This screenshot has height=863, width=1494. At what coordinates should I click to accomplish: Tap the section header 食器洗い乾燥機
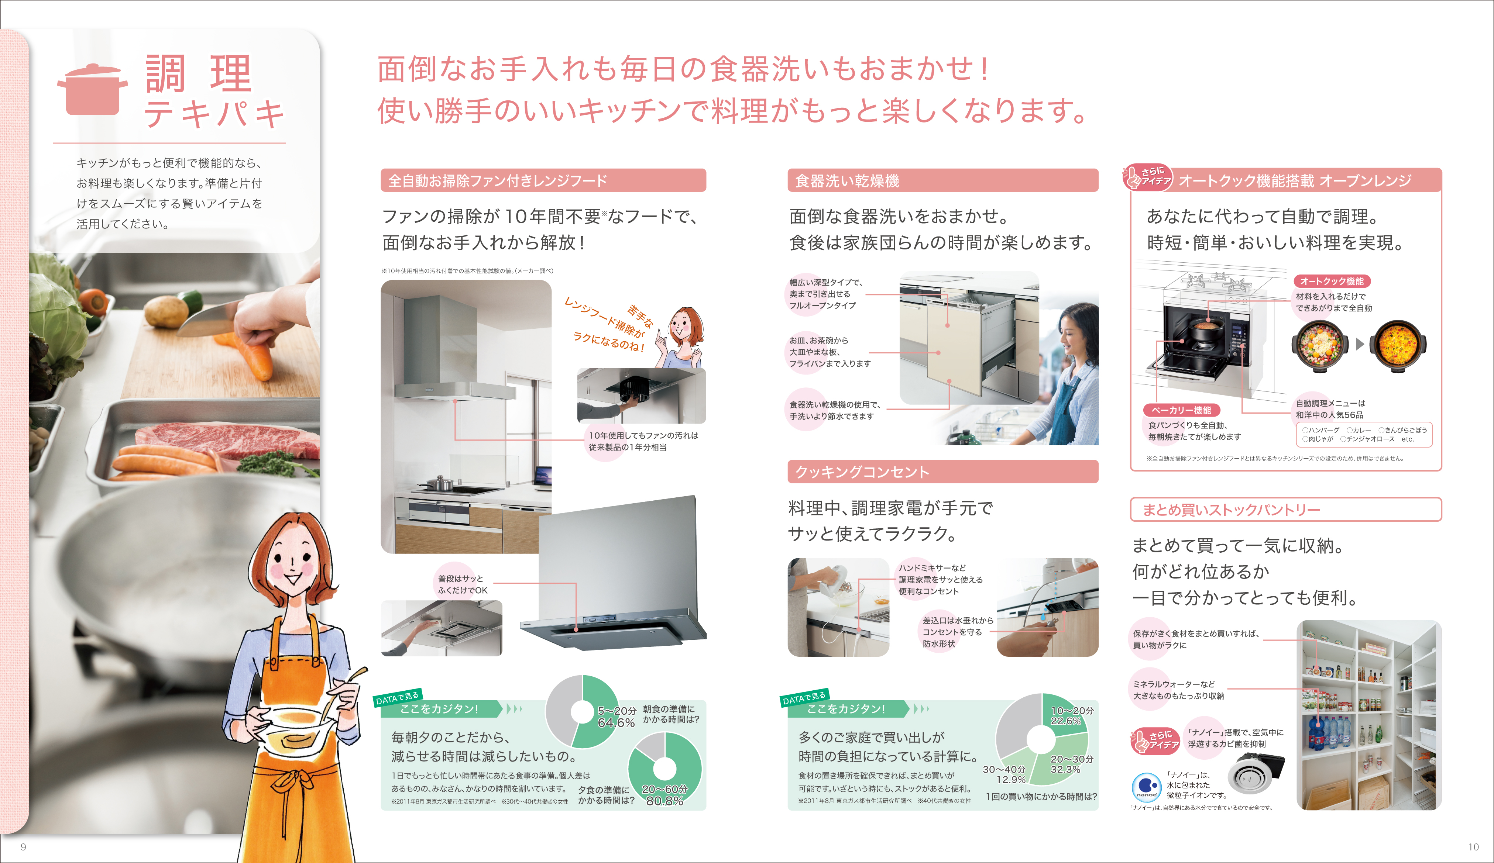pos(942,180)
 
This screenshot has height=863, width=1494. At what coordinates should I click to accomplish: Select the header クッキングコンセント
pos(942,472)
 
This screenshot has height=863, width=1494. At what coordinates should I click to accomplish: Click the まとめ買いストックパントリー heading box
pos(1286,509)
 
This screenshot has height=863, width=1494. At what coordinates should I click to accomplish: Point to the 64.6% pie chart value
pos(616,722)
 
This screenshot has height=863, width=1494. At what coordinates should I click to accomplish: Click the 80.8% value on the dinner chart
pos(664,801)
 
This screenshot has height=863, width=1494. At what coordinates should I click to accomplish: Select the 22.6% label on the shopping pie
pos(1065,721)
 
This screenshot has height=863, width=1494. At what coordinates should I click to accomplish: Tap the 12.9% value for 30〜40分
pos(1011,779)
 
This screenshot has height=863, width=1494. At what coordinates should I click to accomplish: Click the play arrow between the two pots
pos(1359,344)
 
